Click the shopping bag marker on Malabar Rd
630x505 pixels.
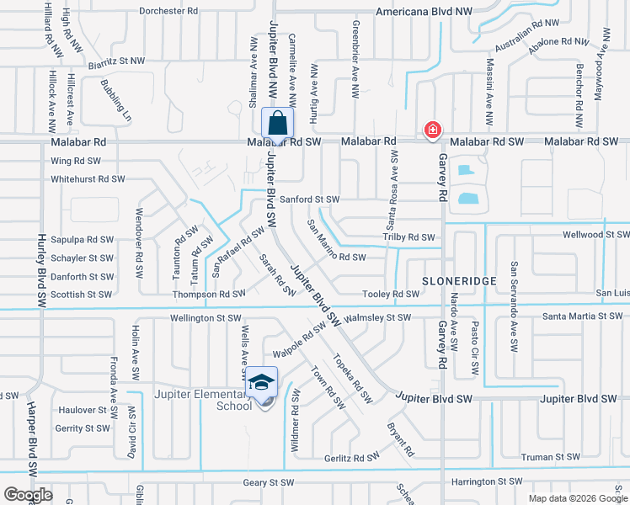pyautogui.click(x=278, y=123)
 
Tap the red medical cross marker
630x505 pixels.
pyautogui.click(x=432, y=130)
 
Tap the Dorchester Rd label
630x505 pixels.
pyautogui.click(x=168, y=12)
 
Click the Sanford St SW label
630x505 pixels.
pyautogui.click(x=309, y=199)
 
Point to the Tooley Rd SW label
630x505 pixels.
pyautogui.click(x=390, y=294)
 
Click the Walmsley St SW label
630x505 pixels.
pyautogui.click(x=378, y=317)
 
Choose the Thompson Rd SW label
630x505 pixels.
pyautogui.click(x=208, y=295)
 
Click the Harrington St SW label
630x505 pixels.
pyautogui.click(x=489, y=481)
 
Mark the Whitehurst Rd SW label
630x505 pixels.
pyautogui.click(x=88, y=178)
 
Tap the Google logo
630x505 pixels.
pyautogui.click(x=28, y=495)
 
